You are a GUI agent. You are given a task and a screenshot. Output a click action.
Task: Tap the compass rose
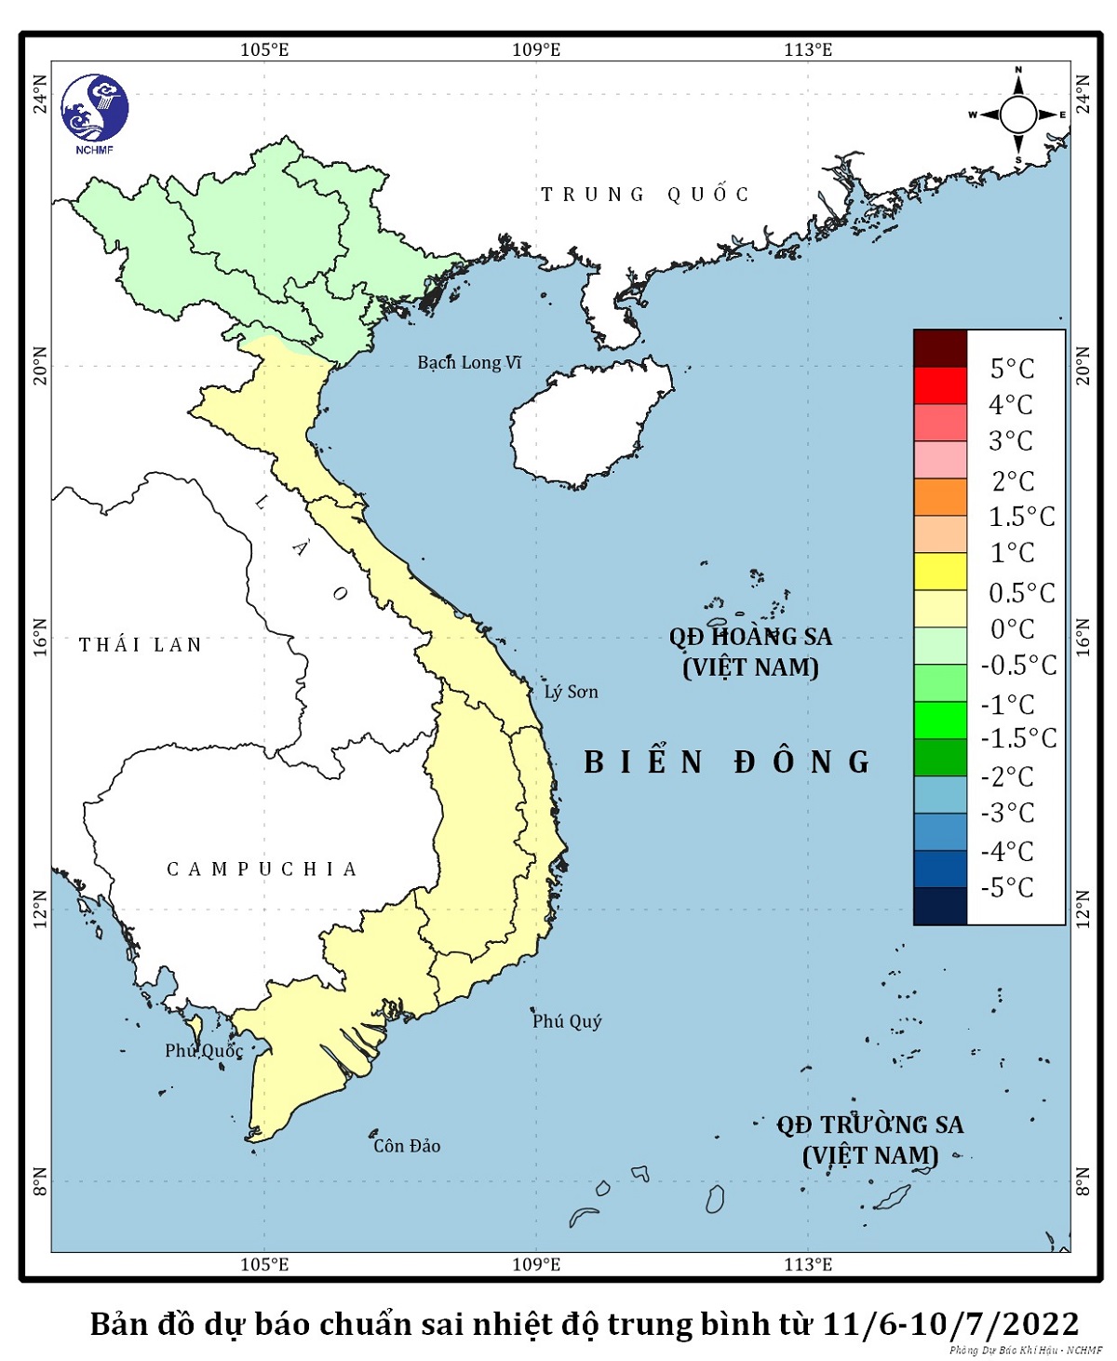coord(1017,115)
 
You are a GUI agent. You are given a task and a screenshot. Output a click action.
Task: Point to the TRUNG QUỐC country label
coord(645,195)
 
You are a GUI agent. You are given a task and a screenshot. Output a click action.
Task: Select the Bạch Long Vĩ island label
coord(469,362)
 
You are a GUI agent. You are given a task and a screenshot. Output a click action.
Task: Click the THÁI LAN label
coord(141,645)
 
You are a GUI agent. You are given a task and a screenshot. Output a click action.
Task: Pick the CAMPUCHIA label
coord(262,869)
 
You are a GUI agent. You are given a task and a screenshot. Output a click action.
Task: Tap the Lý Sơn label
coord(571,692)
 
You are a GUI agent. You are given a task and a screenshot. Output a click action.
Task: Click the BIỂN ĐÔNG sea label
coord(727,762)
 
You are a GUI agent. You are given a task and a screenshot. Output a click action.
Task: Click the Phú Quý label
coord(567,1021)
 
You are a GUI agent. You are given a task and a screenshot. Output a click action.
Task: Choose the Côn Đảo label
coord(407,1146)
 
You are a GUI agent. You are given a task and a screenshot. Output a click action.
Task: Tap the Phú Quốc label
coord(204,1051)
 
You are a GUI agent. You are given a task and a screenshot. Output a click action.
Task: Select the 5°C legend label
coord(1012,369)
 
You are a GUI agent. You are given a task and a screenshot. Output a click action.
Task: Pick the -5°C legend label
coord(1007,888)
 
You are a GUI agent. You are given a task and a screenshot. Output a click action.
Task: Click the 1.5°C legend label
coord(1021,517)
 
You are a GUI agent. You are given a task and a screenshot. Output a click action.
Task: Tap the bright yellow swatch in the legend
coord(940,572)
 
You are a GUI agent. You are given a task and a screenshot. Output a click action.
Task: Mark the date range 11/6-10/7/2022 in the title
coord(950,1323)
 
